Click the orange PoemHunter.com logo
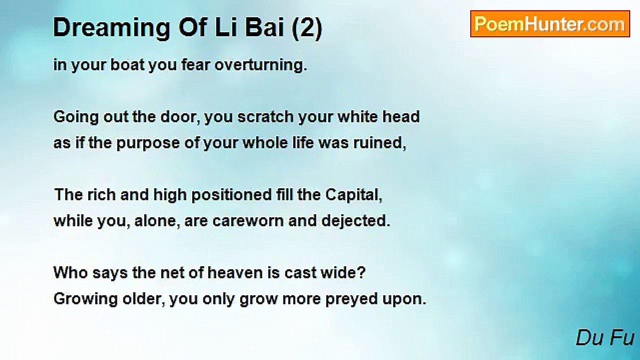click(x=550, y=24)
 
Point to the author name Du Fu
click(x=605, y=338)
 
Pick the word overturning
click(x=261, y=65)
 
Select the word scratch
click(x=265, y=117)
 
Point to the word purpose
click(x=148, y=143)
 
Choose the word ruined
click(x=379, y=143)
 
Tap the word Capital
click(x=353, y=195)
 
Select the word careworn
click(x=248, y=221)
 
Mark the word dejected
click(x=355, y=221)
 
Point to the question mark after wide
click(x=361, y=273)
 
